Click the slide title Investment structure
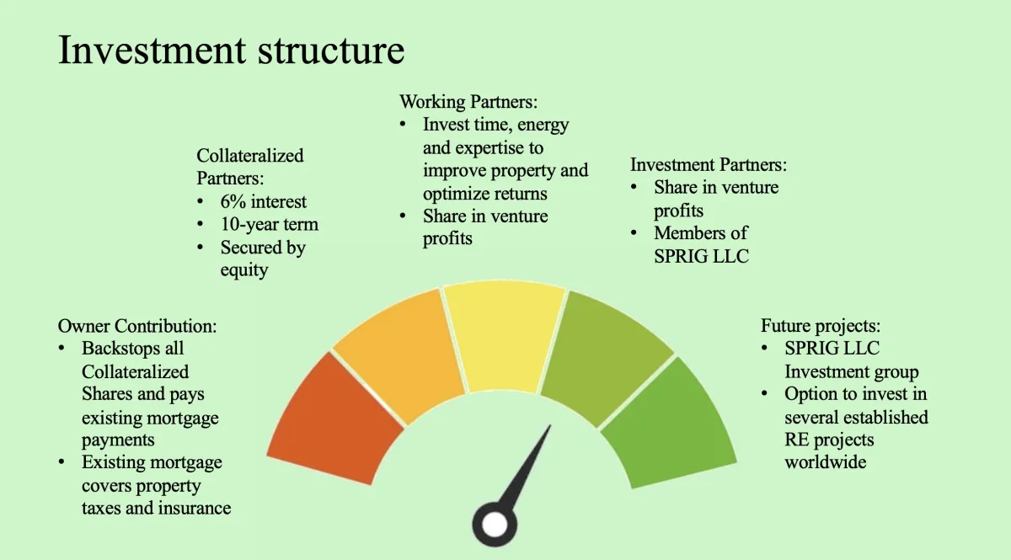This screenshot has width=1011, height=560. (x=231, y=50)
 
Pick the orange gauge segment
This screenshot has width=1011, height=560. (x=399, y=356)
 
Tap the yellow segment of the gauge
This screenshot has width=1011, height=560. (x=503, y=336)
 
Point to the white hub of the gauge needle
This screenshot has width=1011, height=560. (x=495, y=525)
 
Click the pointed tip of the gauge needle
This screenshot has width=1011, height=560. (x=550, y=425)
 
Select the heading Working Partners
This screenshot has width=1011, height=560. (x=468, y=102)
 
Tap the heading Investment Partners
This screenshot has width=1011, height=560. (x=709, y=165)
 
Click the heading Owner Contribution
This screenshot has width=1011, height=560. (x=137, y=326)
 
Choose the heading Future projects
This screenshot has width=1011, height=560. (x=821, y=326)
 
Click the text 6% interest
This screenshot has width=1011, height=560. (x=263, y=202)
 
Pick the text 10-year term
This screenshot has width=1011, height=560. (x=269, y=224)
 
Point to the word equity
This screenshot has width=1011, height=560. (x=244, y=270)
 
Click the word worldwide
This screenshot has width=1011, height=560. (x=826, y=462)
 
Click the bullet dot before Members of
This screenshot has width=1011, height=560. (x=634, y=233)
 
